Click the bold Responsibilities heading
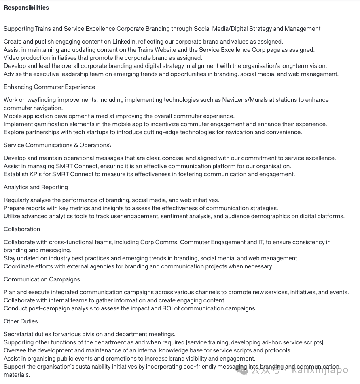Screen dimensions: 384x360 pos(26,8)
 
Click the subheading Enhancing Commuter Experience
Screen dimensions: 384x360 pos(49,87)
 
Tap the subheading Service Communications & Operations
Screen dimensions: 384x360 pos(57,145)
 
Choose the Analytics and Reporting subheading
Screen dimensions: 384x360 pos(36,187)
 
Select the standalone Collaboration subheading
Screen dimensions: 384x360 pos(22,229)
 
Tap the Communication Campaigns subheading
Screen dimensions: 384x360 pos(42,279)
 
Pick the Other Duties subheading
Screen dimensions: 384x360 pos(21,321)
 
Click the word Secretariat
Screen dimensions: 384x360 pos(18,334)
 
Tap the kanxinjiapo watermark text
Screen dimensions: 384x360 pos(320,370)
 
